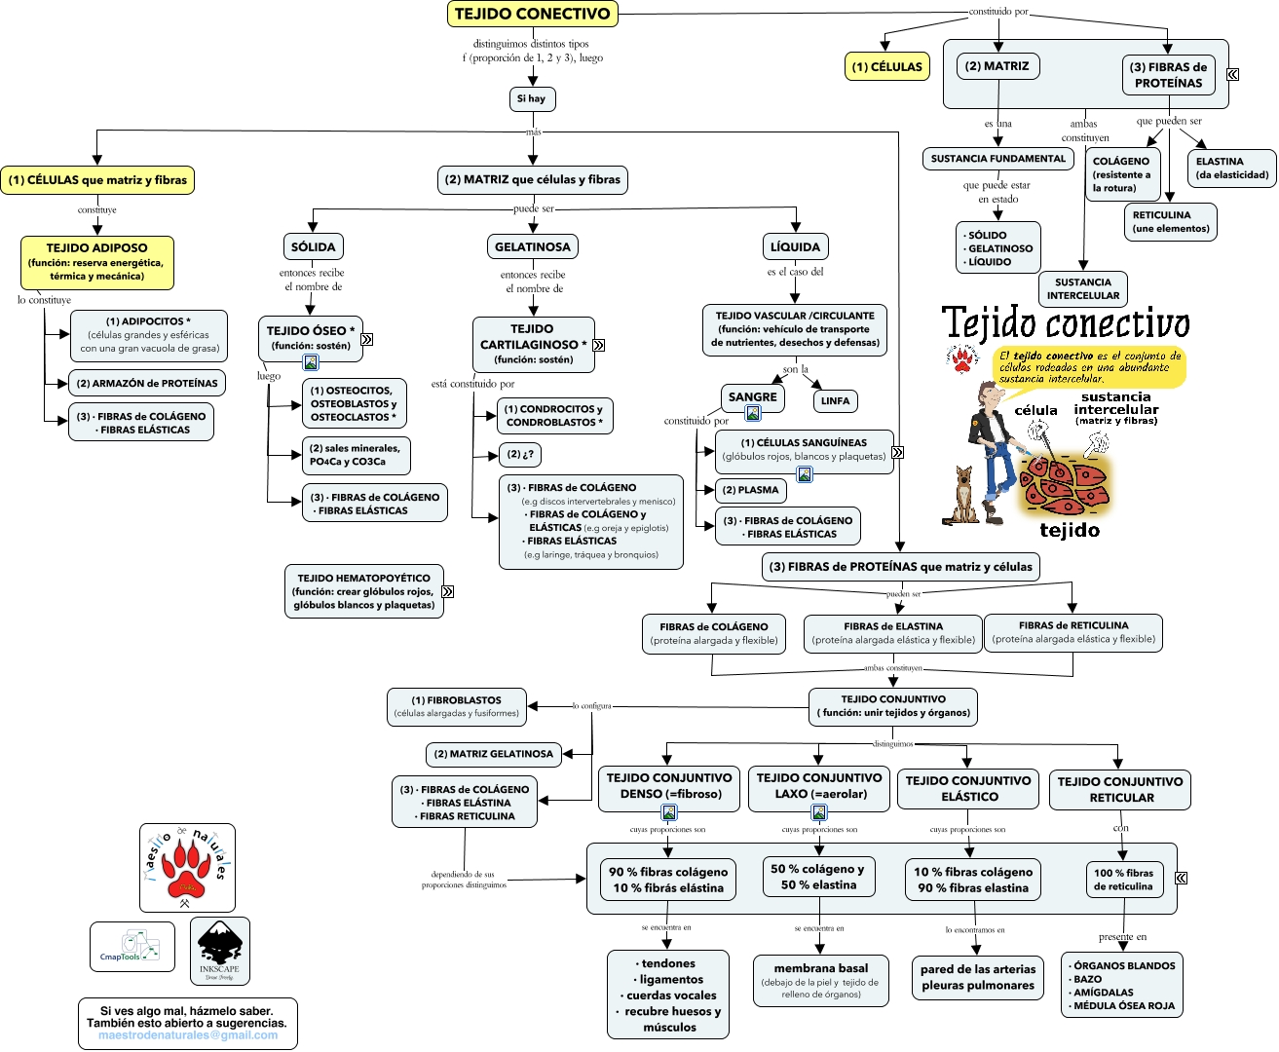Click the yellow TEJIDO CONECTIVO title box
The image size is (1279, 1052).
point(532,14)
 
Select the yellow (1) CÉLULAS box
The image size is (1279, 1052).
point(886,66)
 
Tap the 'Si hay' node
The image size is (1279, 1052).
point(532,98)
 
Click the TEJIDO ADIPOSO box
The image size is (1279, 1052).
point(97,262)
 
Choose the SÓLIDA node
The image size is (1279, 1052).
point(313,246)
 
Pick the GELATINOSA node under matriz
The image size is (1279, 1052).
point(533,246)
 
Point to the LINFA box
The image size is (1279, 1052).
point(835,400)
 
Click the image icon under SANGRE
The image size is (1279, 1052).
point(753,413)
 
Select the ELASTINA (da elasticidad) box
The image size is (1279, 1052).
point(1231,168)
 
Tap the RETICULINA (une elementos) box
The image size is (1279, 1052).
point(1170,221)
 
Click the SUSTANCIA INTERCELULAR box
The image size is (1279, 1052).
point(1082,288)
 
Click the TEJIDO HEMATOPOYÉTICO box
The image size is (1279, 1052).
point(363,591)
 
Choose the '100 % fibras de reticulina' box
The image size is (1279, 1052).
point(1123,880)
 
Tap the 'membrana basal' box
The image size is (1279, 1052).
point(820,980)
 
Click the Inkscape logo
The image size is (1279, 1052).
point(219,950)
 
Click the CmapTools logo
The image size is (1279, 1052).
point(132,946)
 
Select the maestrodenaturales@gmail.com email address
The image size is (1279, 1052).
point(187,1035)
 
